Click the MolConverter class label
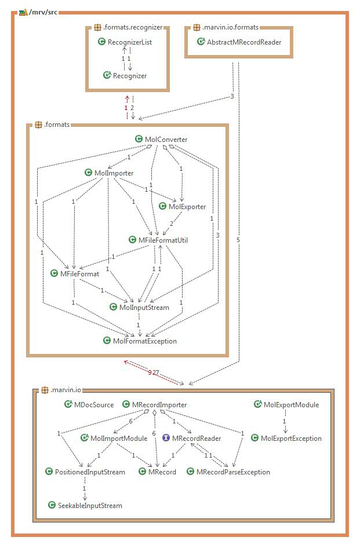click(x=165, y=139)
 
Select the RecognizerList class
click(x=129, y=42)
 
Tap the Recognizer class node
click(x=129, y=75)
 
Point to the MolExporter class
click(x=187, y=207)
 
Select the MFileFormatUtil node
click(x=163, y=240)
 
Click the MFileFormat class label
click(x=79, y=273)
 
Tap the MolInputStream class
click(x=144, y=307)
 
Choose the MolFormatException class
click(x=145, y=341)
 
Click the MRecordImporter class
click(x=159, y=405)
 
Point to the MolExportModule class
click(x=291, y=405)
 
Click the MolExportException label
click(x=291, y=439)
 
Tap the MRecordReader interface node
click(x=196, y=439)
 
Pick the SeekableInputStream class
click(x=89, y=506)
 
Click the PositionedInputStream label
click(x=89, y=472)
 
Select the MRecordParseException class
click(x=233, y=472)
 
